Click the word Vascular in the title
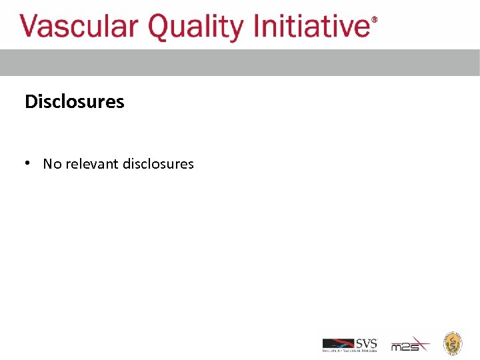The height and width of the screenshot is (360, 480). click(79, 27)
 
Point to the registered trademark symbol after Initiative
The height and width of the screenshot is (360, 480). click(374, 20)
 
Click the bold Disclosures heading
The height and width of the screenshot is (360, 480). click(74, 101)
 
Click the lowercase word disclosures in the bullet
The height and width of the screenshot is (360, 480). click(158, 163)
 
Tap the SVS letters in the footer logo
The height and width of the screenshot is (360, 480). click(366, 343)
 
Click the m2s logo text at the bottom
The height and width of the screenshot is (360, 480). click(403, 347)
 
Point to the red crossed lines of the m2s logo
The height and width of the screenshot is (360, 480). click(420, 344)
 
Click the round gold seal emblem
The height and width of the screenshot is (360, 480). click(453, 343)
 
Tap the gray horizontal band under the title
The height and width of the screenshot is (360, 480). click(240, 63)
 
